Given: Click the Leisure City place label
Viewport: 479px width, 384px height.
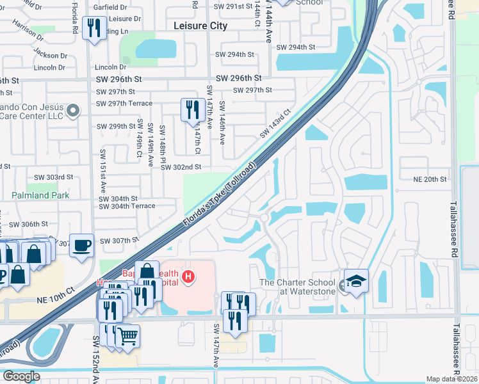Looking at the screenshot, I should tap(200, 26).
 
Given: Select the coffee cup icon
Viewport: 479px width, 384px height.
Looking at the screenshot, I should tap(81, 245).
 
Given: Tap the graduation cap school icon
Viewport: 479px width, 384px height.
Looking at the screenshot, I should tap(356, 280).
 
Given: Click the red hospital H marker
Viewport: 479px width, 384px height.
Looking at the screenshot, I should tap(188, 277).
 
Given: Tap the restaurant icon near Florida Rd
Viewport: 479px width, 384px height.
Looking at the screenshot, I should tap(95, 28).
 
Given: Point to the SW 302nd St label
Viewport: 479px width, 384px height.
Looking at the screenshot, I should tap(181, 167).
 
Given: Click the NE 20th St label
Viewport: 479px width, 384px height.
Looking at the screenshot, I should tap(429, 180).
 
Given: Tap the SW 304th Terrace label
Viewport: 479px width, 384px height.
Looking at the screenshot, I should tap(127, 206).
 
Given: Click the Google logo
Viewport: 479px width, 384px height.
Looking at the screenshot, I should tap(20, 376).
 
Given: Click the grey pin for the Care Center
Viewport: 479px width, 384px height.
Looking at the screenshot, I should tap(73, 111).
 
